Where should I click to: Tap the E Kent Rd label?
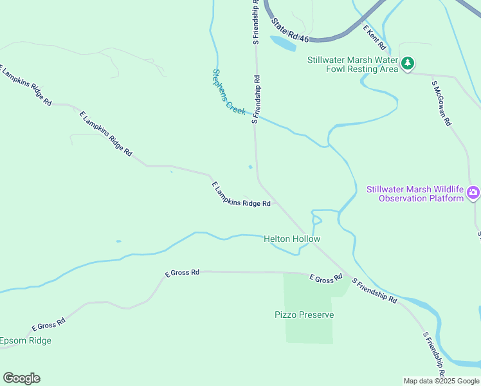[374, 38]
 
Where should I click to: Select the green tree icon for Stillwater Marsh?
[407, 64]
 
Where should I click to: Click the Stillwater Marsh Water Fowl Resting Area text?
[352, 64]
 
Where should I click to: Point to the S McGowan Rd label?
[442, 103]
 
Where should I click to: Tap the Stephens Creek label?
[229, 91]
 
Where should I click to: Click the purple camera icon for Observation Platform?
[473, 192]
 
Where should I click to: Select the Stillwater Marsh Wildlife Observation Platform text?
[415, 194]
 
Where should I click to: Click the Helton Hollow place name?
[292, 239]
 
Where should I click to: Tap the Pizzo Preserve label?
[304, 315]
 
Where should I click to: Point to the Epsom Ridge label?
[26, 340]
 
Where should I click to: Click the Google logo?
[21, 378]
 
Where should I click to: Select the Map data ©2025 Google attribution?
[441, 381]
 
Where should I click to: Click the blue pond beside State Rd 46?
[284, 43]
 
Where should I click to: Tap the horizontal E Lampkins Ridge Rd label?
[241, 195]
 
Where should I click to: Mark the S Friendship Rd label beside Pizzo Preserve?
[374, 290]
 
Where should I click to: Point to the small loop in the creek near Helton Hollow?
[316, 220]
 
